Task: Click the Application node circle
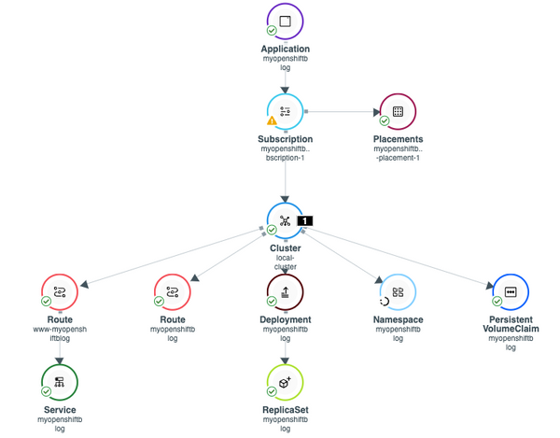[x=285, y=21]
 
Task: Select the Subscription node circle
[x=285, y=111]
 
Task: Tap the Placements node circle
[x=398, y=111]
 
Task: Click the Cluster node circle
[x=285, y=220]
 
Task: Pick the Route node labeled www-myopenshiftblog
[x=60, y=292]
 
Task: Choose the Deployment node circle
[x=285, y=292]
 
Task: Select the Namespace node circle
[x=398, y=292]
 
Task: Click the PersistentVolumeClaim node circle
[x=510, y=292]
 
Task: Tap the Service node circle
[x=60, y=382]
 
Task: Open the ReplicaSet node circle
[x=285, y=382]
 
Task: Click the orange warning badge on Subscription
[x=272, y=120]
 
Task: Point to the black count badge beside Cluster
[x=304, y=221]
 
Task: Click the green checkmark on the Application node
[x=272, y=31]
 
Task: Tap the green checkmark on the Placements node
[x=385, y=121]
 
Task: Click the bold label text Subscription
[x=285, y=139]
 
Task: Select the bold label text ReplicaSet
[x=285, y=410]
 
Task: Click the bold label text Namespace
[x=398, y=319]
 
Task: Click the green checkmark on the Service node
[x=47, y=392]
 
